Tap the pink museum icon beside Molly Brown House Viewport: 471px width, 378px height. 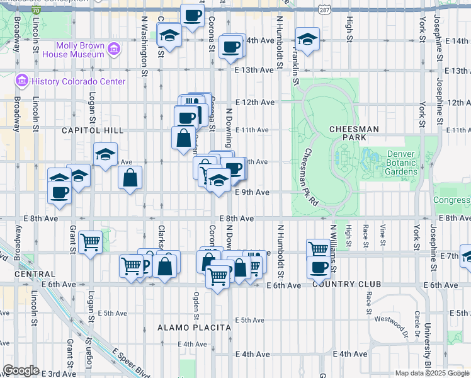click(x=114, y=49)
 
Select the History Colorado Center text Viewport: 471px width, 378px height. click(x=79, y=81)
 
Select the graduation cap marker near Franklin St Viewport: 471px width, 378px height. click(x=307, y=39)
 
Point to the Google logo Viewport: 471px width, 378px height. click(x=21, y=370)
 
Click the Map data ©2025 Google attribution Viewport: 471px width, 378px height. click(x=432, y=373)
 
